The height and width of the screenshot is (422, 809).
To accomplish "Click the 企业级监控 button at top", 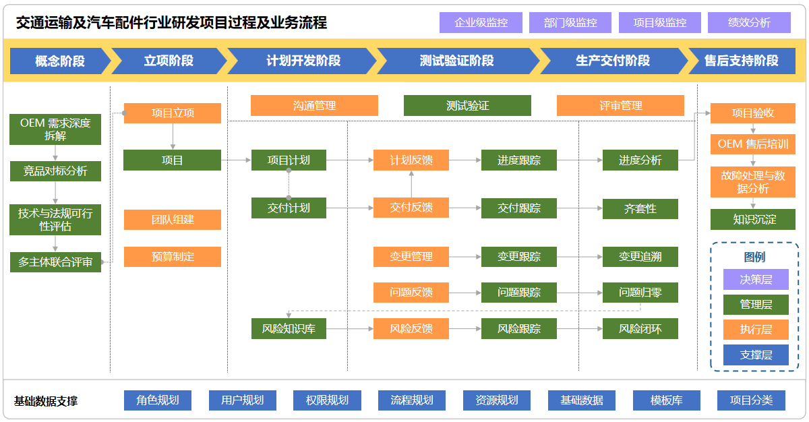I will tap(481, 22).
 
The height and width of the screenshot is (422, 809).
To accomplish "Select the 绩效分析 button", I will tap(749, 22).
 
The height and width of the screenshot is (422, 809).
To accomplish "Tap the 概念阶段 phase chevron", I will tap(59, 61).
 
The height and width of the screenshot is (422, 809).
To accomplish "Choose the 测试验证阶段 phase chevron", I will tap(456, 61).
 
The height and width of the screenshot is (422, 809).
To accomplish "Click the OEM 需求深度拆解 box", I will tap(55, 129).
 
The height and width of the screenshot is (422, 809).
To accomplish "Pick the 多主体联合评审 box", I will tap(55, 262).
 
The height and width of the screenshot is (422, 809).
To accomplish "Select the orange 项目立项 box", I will tap(173, 113).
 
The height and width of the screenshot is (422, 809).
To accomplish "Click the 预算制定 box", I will tap(173, 257).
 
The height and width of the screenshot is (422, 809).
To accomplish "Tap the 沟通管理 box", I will tap(314, 105).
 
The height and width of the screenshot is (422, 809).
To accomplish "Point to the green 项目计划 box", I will tap(289, 160).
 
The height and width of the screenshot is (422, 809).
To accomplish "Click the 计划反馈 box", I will tap(411, 160).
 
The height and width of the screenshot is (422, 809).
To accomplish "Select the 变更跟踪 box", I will tap(519, 257).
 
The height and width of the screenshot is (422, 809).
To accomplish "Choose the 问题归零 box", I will tap(640, 293).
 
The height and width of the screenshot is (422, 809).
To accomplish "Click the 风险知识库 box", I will tap(289, 329).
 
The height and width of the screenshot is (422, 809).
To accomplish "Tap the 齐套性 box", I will tap(640, 208).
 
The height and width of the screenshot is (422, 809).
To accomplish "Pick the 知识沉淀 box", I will tap(753, 219).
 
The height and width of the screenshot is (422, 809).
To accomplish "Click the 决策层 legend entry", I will tap(756, 279).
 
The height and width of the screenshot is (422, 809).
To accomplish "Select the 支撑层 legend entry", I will tap(756, 355).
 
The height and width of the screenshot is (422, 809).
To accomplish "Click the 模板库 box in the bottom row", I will tap(666, 400).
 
